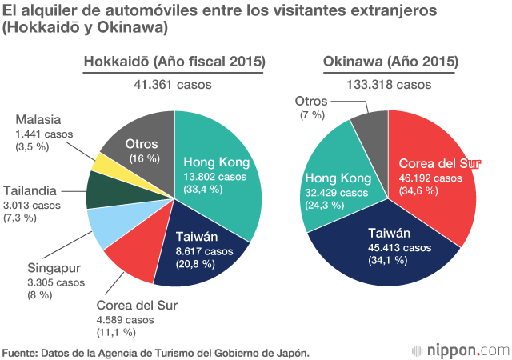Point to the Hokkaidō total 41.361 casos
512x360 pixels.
(175, 84)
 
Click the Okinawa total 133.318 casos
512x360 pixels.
(389, 84)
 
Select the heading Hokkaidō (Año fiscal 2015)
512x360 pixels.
(175, 62)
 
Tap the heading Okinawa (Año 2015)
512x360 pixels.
(390, 62)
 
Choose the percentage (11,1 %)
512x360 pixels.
(116, 332)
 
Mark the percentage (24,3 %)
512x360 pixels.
(325, 204)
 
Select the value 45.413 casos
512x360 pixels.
(390, 246)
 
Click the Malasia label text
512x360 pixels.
(38, 120)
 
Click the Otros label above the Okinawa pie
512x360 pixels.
(311, 101)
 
